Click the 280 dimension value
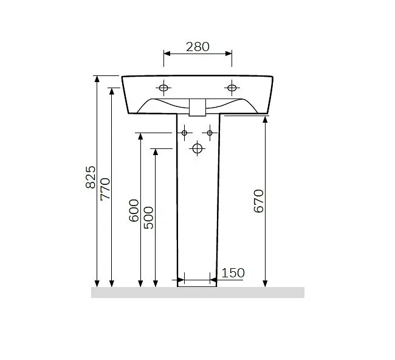coord(197,47)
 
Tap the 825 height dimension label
coord(91,177)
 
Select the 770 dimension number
coord(105,189)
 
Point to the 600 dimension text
coord(134,210)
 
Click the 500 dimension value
coord(148,218)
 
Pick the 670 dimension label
coord(258,201)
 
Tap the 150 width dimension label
coord(233,273)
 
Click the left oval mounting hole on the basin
coord(163,88)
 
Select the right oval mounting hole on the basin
coord(232,88)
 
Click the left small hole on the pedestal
coord(184,133)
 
